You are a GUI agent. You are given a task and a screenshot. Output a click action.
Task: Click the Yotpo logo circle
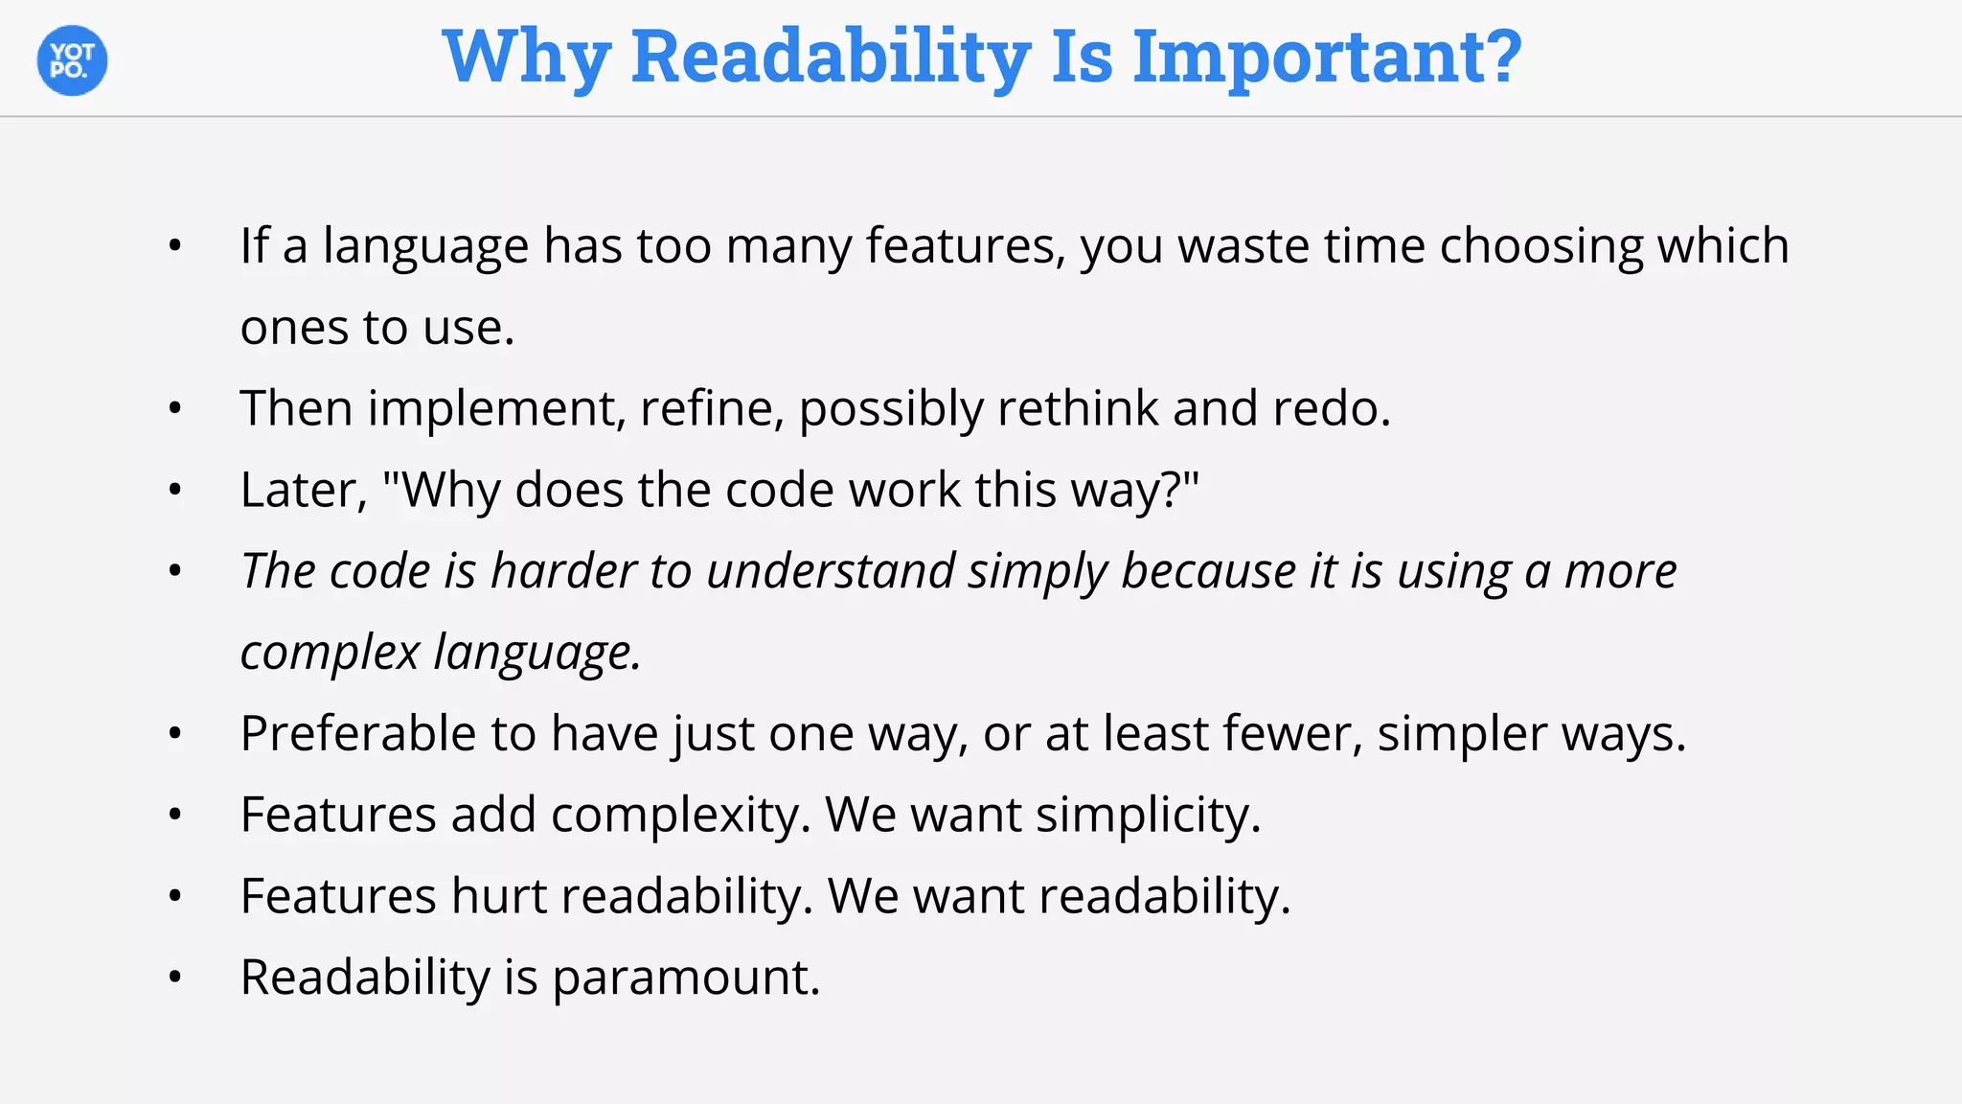pyautogui.click(x=72, y=60)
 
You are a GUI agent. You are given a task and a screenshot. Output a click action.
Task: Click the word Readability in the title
pyautogui.click(x=831, y=57)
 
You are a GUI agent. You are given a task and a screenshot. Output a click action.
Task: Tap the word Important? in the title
pyautogui.click(x=1327, y=57)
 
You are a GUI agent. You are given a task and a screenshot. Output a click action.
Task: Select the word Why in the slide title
pyautogui.click(x=526, y=57)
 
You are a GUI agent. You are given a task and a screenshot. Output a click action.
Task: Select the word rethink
pyautogui.click(x=1078, y=409)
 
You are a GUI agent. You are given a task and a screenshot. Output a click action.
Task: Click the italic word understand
pyautogui.click(x=831, y=572)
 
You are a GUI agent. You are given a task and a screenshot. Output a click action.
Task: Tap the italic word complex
pyautogui.click(x=330, y=654)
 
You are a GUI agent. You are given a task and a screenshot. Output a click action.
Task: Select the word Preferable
pyautogui.click(x=358, y=734)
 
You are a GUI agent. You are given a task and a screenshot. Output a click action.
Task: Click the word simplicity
pyautogui.click(x=1148, y=816)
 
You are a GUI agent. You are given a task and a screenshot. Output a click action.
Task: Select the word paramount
pyautogui.click(x=686, y=978)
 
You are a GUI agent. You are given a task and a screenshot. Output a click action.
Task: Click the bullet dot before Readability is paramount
pyautogui.click(x=174, y=978)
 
